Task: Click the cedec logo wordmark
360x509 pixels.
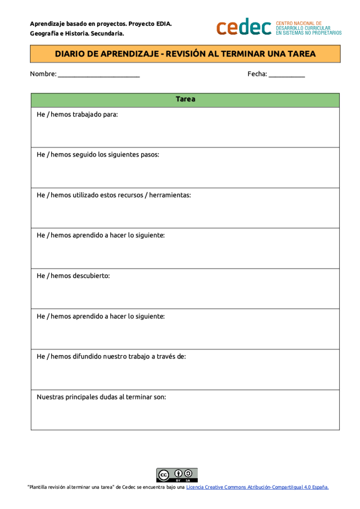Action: [244, 28]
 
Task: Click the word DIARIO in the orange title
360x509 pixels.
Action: [70, 54]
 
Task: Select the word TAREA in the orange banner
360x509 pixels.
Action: [302, 54]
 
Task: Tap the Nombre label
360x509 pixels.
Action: [43, 74]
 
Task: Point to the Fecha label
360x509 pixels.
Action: [257, 74]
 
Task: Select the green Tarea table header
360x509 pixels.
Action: [185, 100]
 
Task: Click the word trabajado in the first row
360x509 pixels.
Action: [87, 115]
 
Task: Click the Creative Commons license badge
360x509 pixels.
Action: [177, 475]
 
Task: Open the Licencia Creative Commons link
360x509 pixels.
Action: [257, 487]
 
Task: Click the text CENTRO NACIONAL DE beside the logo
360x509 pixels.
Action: [299, 23]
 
